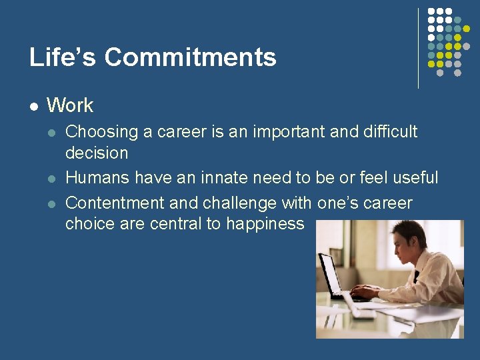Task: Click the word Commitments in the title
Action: (190, 58)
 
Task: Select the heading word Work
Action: (70, 105)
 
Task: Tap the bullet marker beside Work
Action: (33, 106)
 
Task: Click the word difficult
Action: (390, 131)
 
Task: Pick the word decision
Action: (97, 153)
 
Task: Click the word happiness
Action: (265, 224)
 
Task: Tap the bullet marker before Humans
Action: (52, 179)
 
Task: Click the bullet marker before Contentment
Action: (52, 203)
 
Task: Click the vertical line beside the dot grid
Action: (418, 48)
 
